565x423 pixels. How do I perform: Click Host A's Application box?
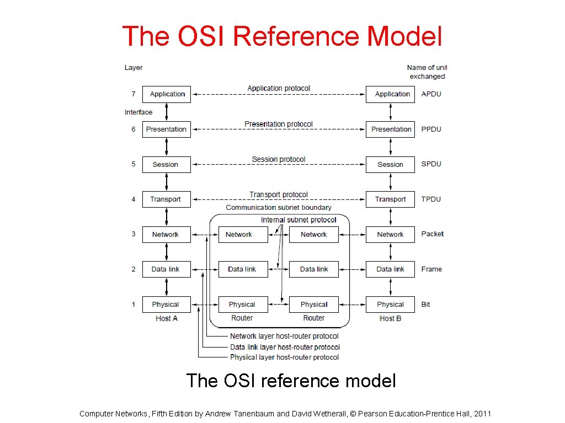pos(167,94)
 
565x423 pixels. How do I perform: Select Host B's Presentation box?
pos(390,129)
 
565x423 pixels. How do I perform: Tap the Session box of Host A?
pos(167,165)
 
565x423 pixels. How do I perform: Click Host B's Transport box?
pos(390,199)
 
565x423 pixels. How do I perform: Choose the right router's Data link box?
pos(313,269)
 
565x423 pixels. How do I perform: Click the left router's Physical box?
pos(243,305)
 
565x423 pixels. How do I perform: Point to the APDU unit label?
pos(431,94)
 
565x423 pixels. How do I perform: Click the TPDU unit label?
pos(431,199)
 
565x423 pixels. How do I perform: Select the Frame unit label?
pos(431,269)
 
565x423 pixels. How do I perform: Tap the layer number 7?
pos(134,94)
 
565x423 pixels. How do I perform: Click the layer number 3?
pos(134,234)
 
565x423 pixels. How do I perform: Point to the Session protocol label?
pos(279,160)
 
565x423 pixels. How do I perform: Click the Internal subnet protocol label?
pos(299,220)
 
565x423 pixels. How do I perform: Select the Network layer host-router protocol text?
pos(284,336)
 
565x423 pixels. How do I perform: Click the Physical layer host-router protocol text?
pos(284,357)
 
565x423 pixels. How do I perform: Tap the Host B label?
pos(390,318)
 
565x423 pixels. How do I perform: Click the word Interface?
pos(138,112)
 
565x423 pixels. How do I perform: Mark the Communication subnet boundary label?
pos(279,208)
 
